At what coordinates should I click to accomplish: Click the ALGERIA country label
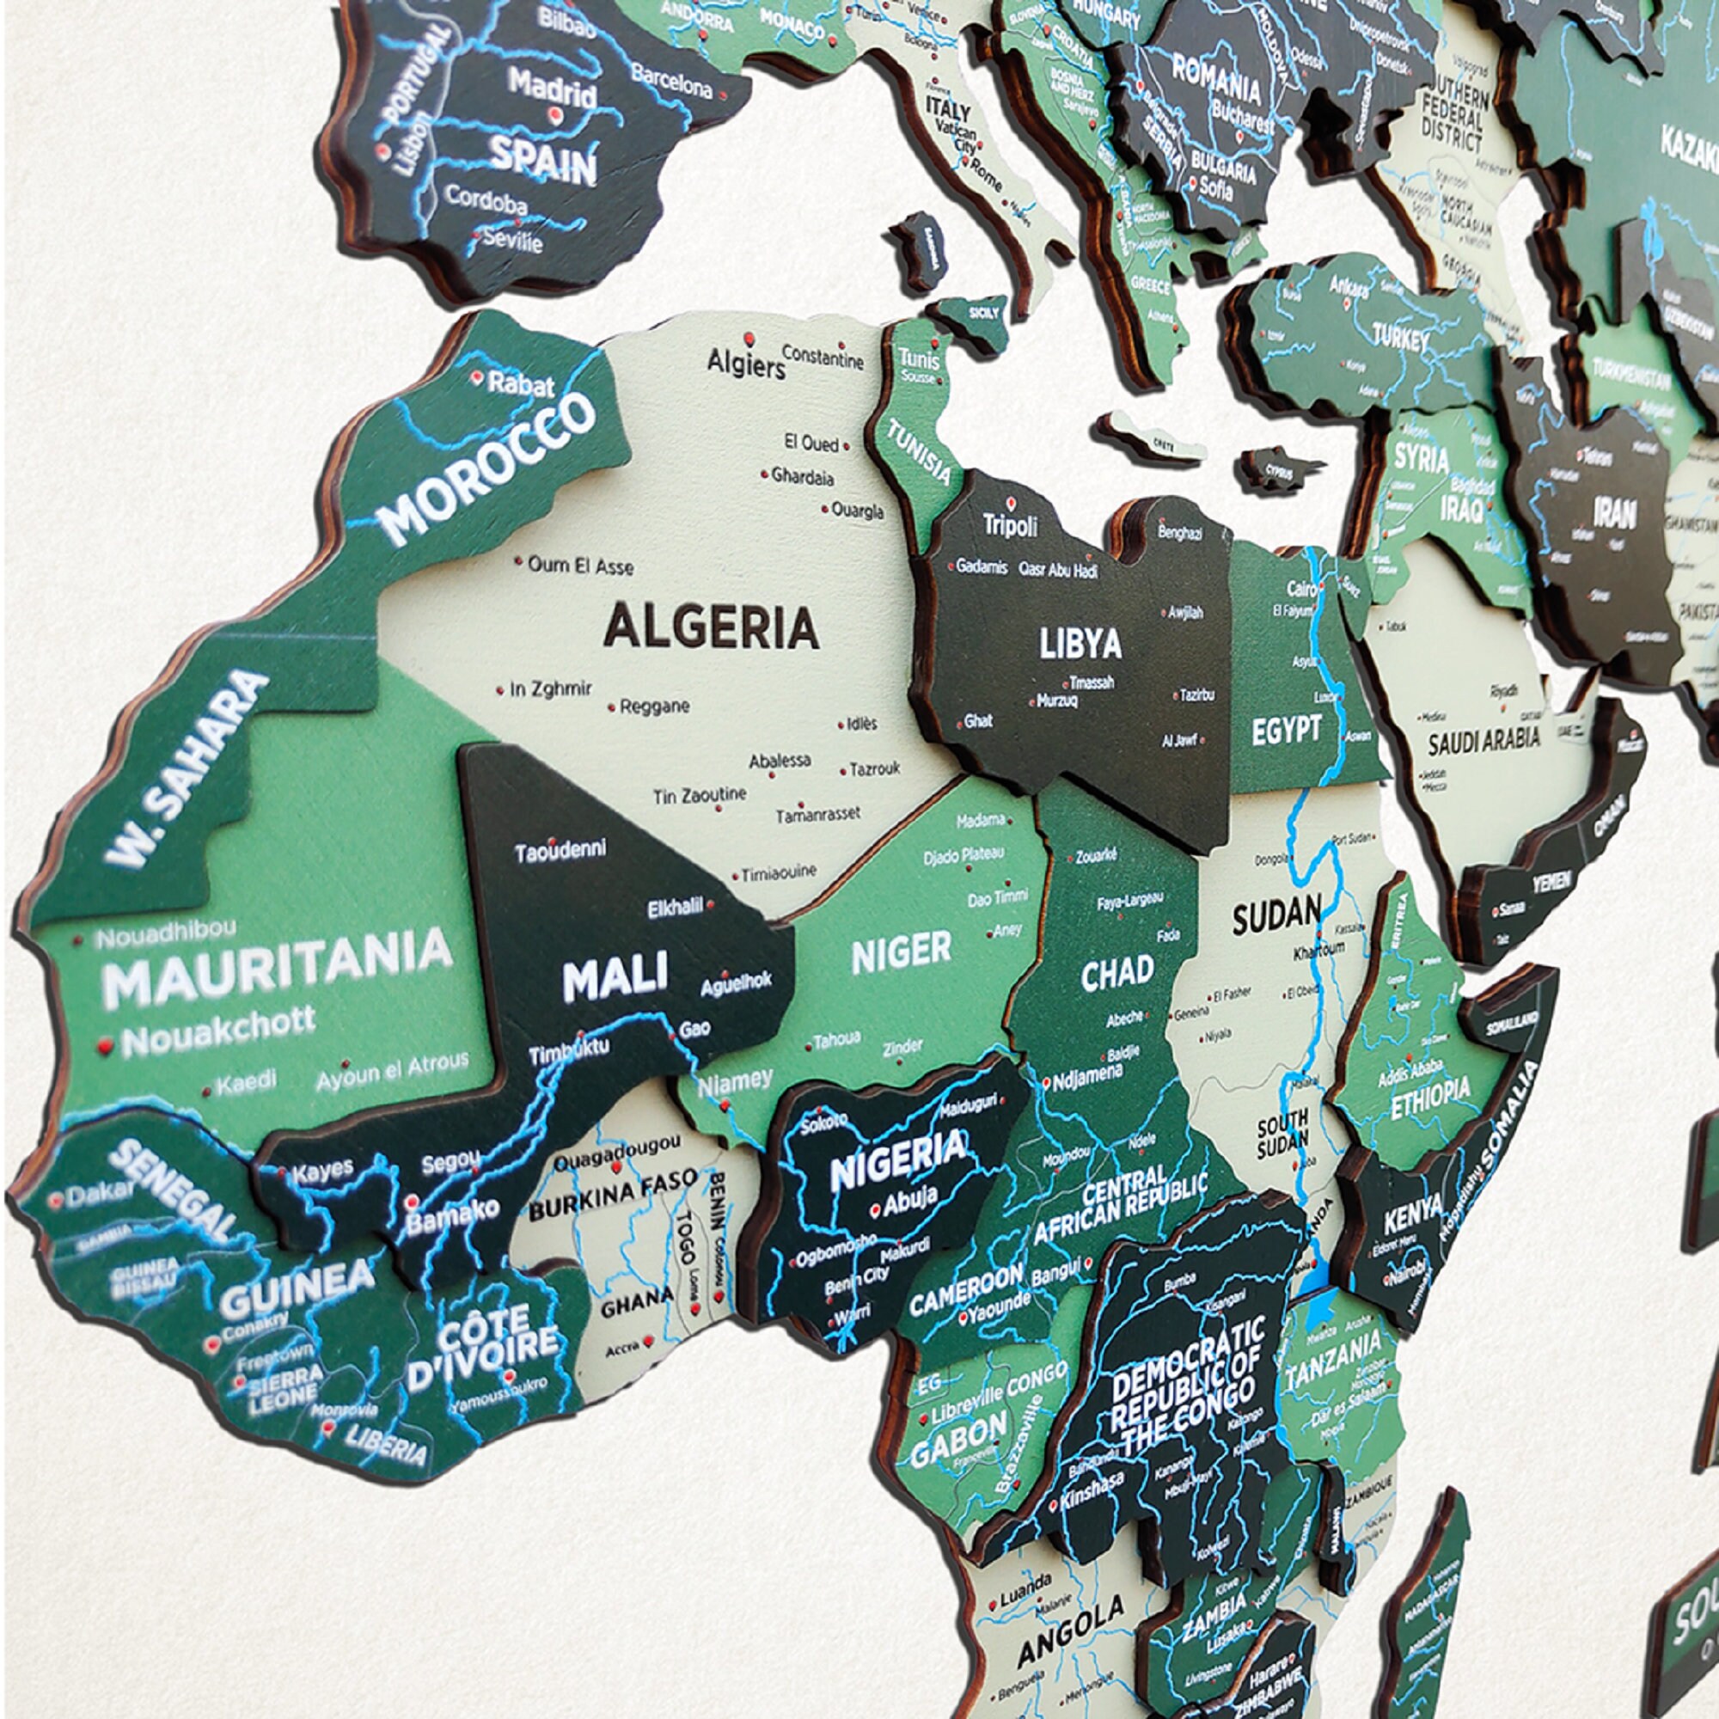tap(711, 627)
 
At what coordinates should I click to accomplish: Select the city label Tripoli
tap(1010, 526)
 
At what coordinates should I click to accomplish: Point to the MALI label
tap(615, 980)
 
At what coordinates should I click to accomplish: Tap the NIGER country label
tap(902, 954)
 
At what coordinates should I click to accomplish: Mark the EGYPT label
tap(1286, 731)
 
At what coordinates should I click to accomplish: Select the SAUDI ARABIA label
tap(1483, 740)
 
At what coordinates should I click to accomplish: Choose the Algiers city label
tap(745, 363)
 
